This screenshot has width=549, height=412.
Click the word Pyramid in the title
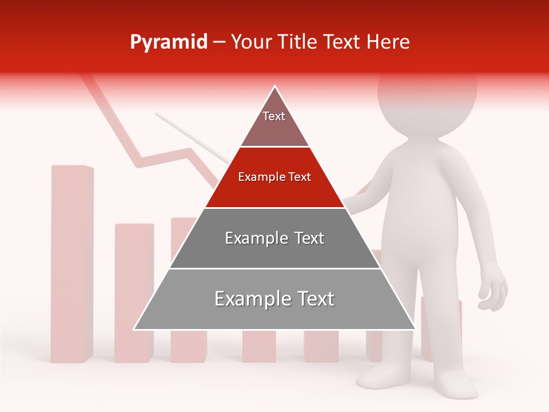[168, 42]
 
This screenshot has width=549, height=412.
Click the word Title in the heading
[297, 42]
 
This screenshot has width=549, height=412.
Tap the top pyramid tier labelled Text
[274, 123]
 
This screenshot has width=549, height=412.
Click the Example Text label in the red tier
[274, 177]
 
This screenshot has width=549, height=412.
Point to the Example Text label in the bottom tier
[274, 299]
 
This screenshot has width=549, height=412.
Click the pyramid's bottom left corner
[134, 329]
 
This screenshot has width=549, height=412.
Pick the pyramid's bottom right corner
[415, 329]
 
